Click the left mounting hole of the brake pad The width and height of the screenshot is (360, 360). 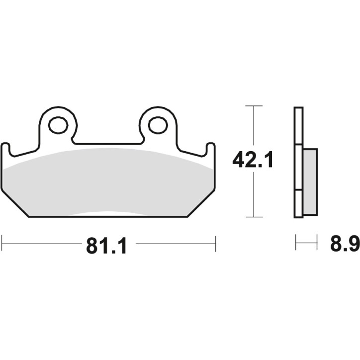pos(59,125)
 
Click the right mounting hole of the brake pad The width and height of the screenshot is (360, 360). pos(158,125)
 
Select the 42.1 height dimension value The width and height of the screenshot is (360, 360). pos(254,161)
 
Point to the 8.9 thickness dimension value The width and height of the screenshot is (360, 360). pos(344,244)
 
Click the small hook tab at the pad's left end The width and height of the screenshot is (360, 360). pos(5,149)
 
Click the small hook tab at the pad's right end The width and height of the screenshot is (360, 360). pos(211,149)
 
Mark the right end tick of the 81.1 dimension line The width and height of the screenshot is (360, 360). pos(215,244)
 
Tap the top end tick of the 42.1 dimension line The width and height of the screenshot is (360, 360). pos(254,106)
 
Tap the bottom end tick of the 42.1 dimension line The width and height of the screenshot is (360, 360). pos(254,217)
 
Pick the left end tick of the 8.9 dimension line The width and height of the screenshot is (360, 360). pos(296,244)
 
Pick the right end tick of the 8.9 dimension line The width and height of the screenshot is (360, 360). pos(317,244)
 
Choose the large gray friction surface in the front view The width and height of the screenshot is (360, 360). pos(108,181)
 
